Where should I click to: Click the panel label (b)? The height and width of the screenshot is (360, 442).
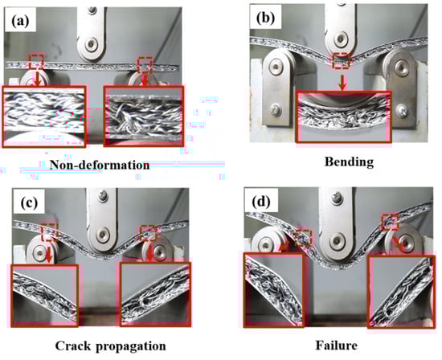265,18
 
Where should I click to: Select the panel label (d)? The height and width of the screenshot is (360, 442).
261,201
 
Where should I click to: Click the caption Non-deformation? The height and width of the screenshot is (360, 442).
100,165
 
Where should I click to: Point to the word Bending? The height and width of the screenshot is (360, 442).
350,162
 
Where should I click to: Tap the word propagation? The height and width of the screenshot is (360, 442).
131,346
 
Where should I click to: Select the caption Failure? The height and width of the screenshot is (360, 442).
336,346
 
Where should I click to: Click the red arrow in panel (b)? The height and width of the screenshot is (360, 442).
342,82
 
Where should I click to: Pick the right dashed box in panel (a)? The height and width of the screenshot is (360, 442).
145,65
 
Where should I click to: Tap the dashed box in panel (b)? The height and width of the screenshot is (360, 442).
341,60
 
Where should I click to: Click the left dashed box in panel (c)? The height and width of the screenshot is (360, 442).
49,231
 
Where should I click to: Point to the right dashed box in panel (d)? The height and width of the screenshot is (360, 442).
389,222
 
